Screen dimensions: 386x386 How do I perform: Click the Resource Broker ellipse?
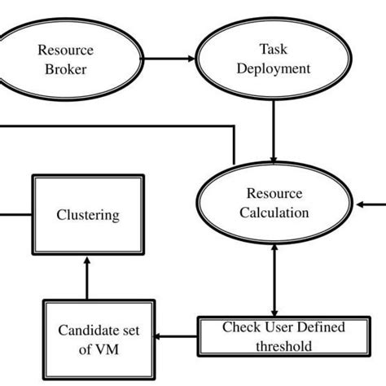coord(66,59)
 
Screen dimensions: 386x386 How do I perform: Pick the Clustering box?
coord(87,215)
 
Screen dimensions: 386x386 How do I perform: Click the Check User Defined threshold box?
coord(283,336)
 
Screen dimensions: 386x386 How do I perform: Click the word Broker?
coord(65,69)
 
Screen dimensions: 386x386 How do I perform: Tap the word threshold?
coord(283,345)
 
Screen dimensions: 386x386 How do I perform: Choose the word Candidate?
coord(86,331)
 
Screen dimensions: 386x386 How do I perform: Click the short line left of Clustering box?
coord(15,215)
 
